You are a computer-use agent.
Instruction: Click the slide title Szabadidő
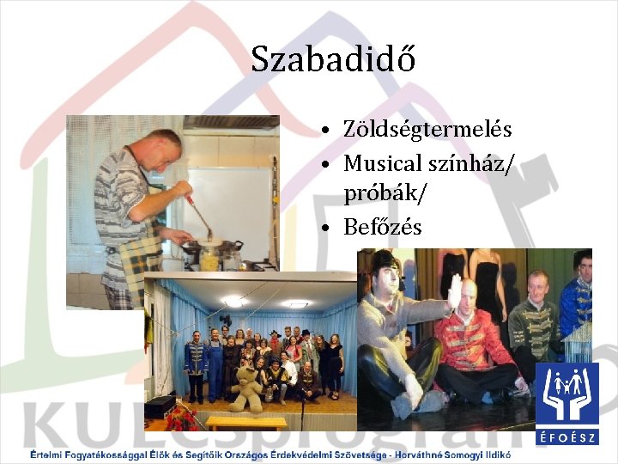[333, 59]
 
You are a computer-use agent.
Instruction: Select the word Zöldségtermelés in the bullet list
[427, 130]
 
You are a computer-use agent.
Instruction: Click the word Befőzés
[383, 227]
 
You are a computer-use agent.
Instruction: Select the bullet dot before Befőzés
[329, 228]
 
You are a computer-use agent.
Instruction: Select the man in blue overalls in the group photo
[215, 365]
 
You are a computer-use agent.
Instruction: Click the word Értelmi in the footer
[48, 455]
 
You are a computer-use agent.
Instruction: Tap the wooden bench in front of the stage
[245, 423]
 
